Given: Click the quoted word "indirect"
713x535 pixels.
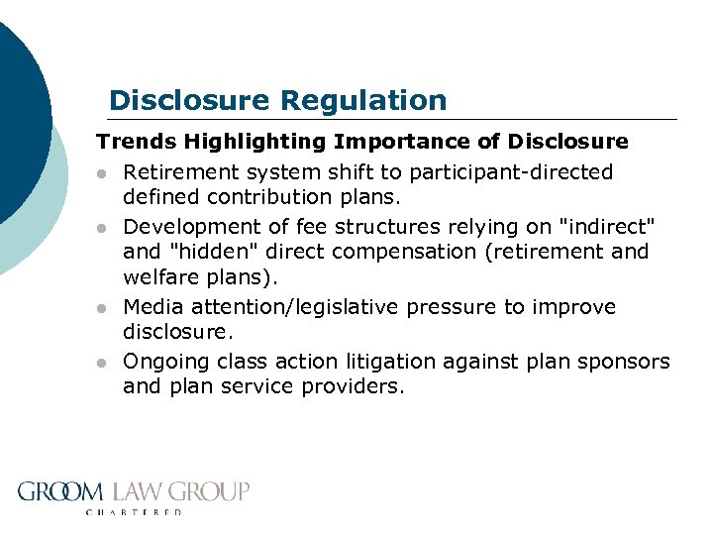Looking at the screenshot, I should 605,227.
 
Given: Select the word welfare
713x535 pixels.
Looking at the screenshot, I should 157,275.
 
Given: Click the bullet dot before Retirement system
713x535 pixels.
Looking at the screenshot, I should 101,173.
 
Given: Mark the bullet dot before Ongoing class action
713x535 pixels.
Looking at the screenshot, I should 101,363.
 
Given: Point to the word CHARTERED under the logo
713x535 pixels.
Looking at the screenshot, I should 135,512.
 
